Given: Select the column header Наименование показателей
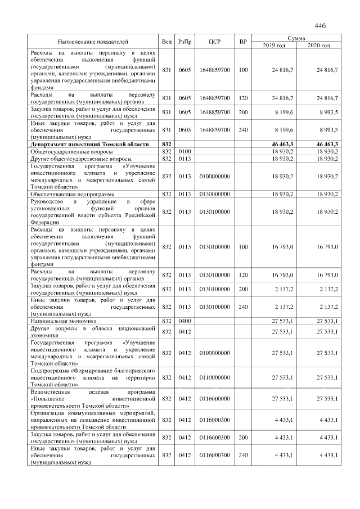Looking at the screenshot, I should pyautogui.click(x=93, y=42).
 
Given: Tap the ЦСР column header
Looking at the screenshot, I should pyautogui.click(x=214, y=42).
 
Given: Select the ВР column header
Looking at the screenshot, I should pyautogui.click(x=243, y=42).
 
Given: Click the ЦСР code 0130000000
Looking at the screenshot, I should pyautogui.click(x=214, y=194).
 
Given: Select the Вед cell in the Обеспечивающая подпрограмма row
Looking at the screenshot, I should pyautogui.click(x=166, y=194).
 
